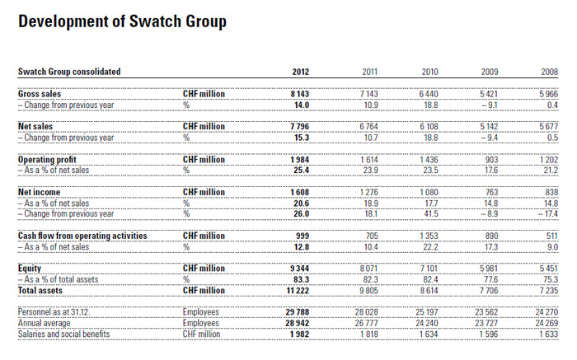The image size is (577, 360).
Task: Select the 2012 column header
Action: pos(300,72)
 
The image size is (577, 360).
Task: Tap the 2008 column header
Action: pos(549,72)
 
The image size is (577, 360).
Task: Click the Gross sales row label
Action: pos(40,95)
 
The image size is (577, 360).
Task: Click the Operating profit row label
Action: pos(49,159)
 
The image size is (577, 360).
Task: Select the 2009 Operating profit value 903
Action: pos(490,159)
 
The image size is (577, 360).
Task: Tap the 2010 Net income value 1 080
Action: pos(427,192)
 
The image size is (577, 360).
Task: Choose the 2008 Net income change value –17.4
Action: pos(547,213)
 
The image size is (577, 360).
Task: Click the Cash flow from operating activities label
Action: pos(82,236)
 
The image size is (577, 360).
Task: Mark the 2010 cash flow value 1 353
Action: pos(428,236)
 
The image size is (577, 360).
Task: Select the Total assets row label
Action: pos(41,290)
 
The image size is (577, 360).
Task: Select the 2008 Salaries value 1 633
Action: pos(547,334)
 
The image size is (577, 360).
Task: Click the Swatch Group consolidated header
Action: pos(69,72)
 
